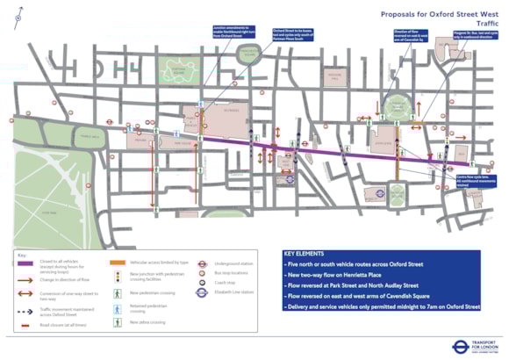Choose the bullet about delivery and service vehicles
382,307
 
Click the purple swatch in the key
25,263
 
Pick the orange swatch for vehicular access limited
116,263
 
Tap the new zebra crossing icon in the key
115,321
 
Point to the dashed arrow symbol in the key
25,308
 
